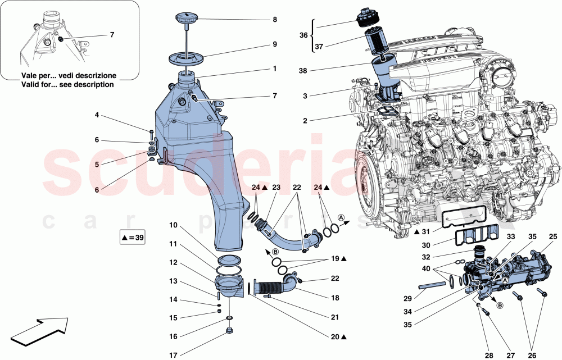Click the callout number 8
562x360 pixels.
(274, 20)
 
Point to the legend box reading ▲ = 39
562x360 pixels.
(133, 238)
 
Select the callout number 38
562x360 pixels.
(304, 71)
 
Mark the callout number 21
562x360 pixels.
(335, 317)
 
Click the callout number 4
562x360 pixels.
(97, 116)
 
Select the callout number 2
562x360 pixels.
(304, 121)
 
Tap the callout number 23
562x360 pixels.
(276, 187)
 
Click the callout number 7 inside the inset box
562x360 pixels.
(112, 35)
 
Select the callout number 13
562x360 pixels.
(174, 281)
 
